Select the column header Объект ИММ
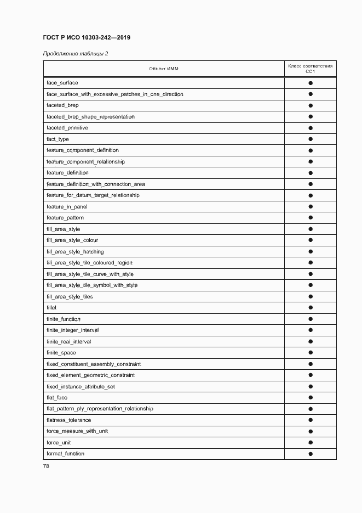(164, 69)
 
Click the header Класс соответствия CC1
(310, 69)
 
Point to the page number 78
(46, 466)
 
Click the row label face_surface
(62, 83)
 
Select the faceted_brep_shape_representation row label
(90, 117)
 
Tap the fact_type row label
(58, 139)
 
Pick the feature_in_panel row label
(67, 207)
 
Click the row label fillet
(51, 308)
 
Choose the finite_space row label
(61, 353)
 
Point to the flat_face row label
(57, 398)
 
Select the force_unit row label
(59, 443)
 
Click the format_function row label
(65, 454)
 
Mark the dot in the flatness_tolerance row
(310, 420)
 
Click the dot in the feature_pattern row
(310, 218)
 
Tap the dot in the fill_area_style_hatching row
(310, 252)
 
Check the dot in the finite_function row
(310, 319)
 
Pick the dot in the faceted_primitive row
(310, 128)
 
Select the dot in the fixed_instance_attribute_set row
(310, 387)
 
